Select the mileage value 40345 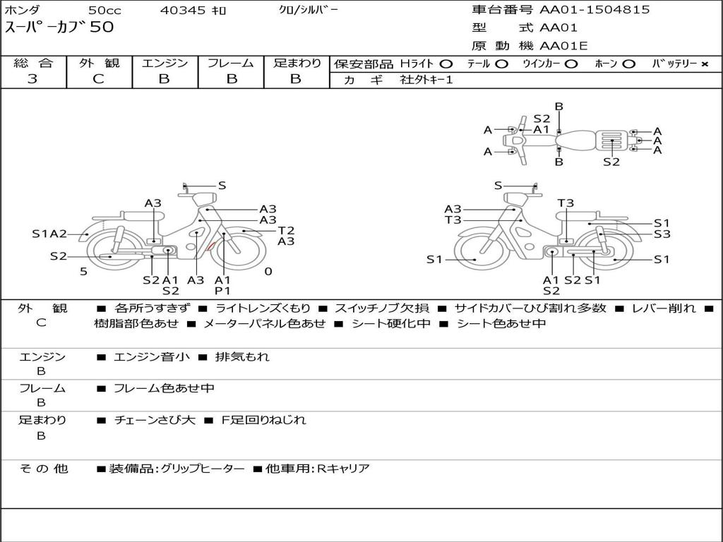pyautogui.click(x=183, y=11)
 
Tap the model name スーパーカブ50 pyautogui.click(x=59, y=28)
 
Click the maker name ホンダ pyautogui.click(x=23, y=11)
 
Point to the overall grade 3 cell pyautogui.click(x=32, y=79)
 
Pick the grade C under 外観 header pyautogui.click(x=98, y=79)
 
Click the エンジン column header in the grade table pyautogui.click(x=165, y=64)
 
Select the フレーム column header pyautogui.click(x=230, y=64)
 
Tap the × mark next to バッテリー pyautogui.click(x=704, y=64)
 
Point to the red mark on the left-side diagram pyautogui.click(x=210, y=246)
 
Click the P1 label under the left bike pyautogui.click(x=222, y=290)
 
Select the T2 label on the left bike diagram pyautogui.click(x=286, y=230)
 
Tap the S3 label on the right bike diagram pyautogui.click(x=662, y=234)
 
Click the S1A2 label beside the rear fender pyautogui.click(x=49, y=234)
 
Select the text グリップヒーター pyautogui.click(x=203, y=469)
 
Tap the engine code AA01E pyautogui.click(x=563, y=47)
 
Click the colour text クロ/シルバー pyautogui.click(x=309, y=10)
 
